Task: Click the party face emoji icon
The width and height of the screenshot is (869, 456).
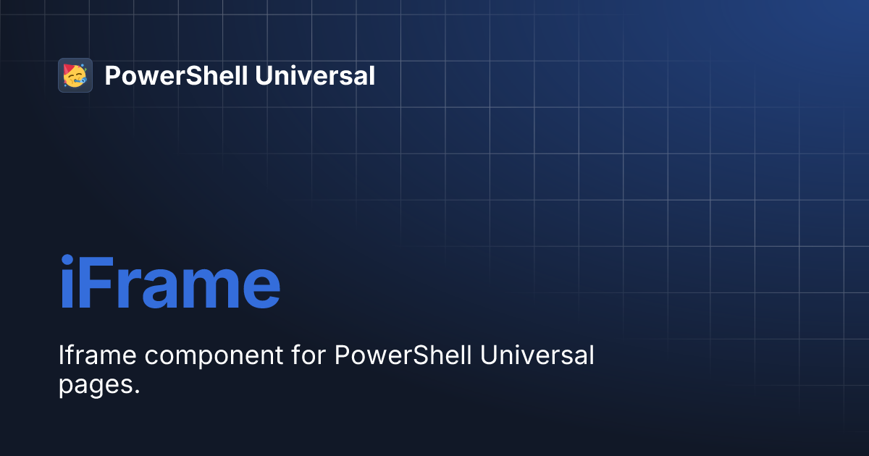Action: (x=75, y=75)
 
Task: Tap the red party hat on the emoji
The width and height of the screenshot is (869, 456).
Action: (x=69, y=69)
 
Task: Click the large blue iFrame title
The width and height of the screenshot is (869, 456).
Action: (x=169, y=284)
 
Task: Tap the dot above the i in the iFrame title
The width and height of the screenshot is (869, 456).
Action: (x=67, y=260)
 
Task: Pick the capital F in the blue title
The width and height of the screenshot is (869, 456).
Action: (x=96, y=284)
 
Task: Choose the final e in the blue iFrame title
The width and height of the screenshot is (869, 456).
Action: (x=260, y=291)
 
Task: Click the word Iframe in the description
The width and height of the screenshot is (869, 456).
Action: (x=93, y=356)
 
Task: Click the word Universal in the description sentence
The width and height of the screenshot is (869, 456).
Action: (x=538, y=356)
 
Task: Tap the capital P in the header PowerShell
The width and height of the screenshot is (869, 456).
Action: (x=112, y=75)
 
